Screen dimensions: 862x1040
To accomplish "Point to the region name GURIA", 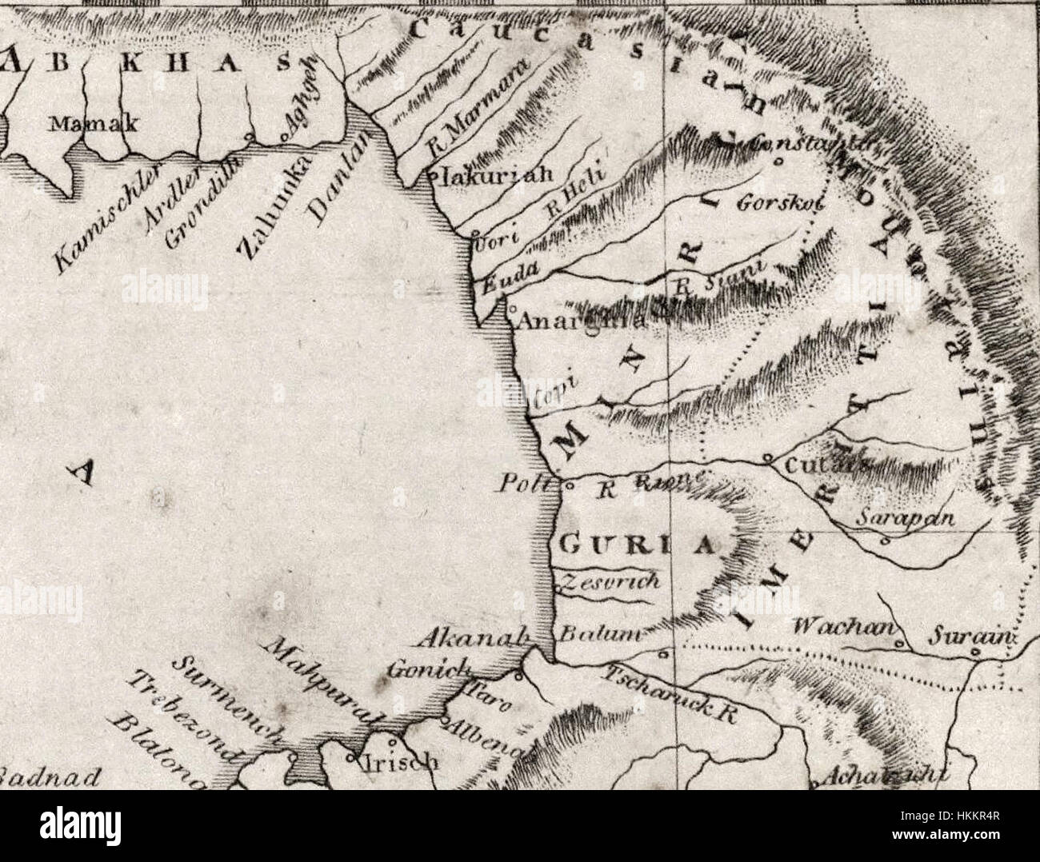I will (634, 546).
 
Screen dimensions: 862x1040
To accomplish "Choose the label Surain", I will (970, 638).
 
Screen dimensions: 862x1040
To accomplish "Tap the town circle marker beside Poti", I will (570, 485).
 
